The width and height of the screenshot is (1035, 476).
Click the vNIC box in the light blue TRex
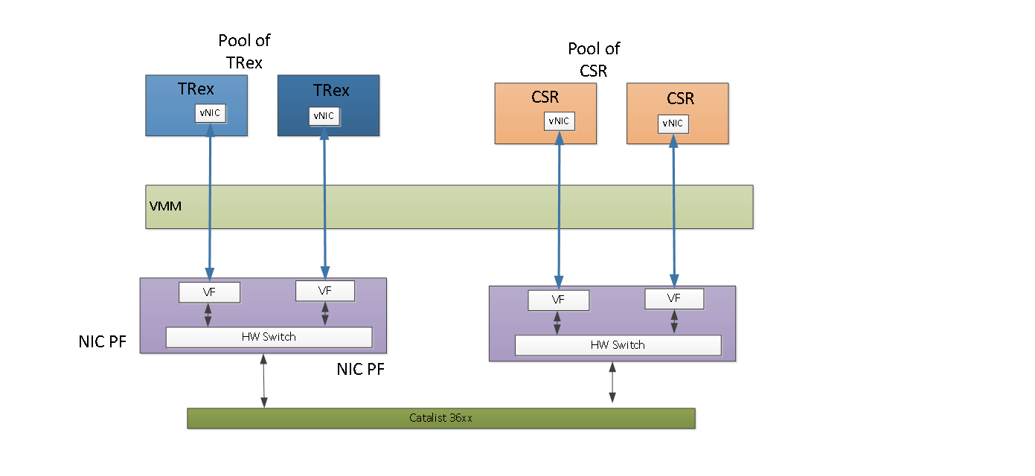coord(211,113)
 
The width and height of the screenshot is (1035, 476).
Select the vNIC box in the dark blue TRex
coord(324,116)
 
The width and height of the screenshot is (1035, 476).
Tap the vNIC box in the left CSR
coord(559,121)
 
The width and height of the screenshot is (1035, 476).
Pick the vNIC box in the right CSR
coord(673,123)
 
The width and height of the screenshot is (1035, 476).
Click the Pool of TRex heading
coord(244,51)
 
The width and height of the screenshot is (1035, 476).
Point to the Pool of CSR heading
coord(594,59)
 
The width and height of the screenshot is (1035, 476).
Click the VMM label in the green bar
coord(165,206)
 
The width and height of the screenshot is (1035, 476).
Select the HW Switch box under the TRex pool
coord(269,337)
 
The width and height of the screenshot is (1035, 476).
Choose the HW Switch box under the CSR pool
coord(618,345)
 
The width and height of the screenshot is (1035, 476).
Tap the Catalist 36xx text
coord(440,418)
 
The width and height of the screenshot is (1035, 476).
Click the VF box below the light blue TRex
coord(209,292)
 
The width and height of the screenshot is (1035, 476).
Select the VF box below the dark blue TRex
coord(325,291)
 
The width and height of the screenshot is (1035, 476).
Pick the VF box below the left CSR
coord(559,300)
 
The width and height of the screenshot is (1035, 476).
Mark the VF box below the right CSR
coord(674,299)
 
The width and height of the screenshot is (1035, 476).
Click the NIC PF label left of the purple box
coord(102,342)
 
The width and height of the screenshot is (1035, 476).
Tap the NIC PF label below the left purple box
coord(360,370)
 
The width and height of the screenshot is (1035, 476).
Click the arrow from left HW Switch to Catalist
coord(264,381)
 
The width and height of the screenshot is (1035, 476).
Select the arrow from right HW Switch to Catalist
coord(612,382)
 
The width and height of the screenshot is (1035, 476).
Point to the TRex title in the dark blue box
coord(331,91)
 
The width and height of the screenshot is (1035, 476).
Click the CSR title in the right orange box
coord(680,98)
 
